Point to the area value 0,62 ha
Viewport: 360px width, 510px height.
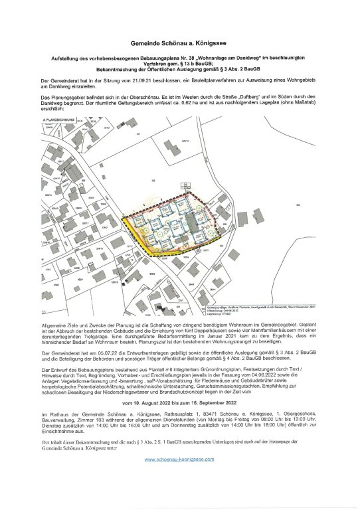244,103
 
